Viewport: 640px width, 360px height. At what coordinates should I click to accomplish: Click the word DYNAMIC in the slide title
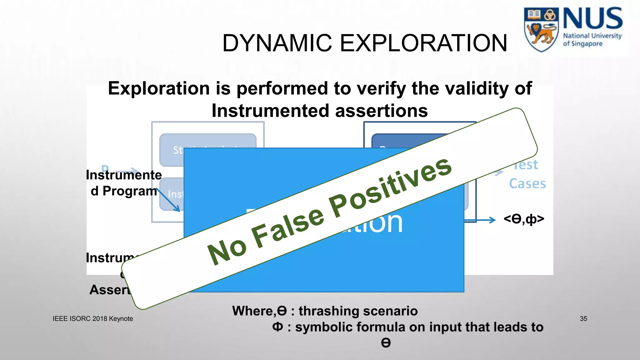click(x=277, y=43)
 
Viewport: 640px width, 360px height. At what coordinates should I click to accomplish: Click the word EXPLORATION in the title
click(x=423, y=43)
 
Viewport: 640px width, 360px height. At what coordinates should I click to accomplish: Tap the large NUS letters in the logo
click(x=592, y=19)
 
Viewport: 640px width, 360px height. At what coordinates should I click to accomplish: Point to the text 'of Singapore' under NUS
click(x=582, y=44)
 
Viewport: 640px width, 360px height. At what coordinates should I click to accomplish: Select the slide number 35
click(x=583, y=319)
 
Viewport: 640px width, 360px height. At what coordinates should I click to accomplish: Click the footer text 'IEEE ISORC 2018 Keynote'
click(x=93, y=319)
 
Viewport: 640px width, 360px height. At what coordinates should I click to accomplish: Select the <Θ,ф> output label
click(x=524, y=219)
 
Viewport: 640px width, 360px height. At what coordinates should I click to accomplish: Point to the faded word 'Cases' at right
click(x=527, y=184)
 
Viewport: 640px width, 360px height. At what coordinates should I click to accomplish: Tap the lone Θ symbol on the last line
click(x=386, y=343)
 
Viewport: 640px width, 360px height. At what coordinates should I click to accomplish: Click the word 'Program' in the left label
click(x=130, y=191)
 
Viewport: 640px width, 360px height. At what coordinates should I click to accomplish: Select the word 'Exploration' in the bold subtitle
click(x=159, y=88)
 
